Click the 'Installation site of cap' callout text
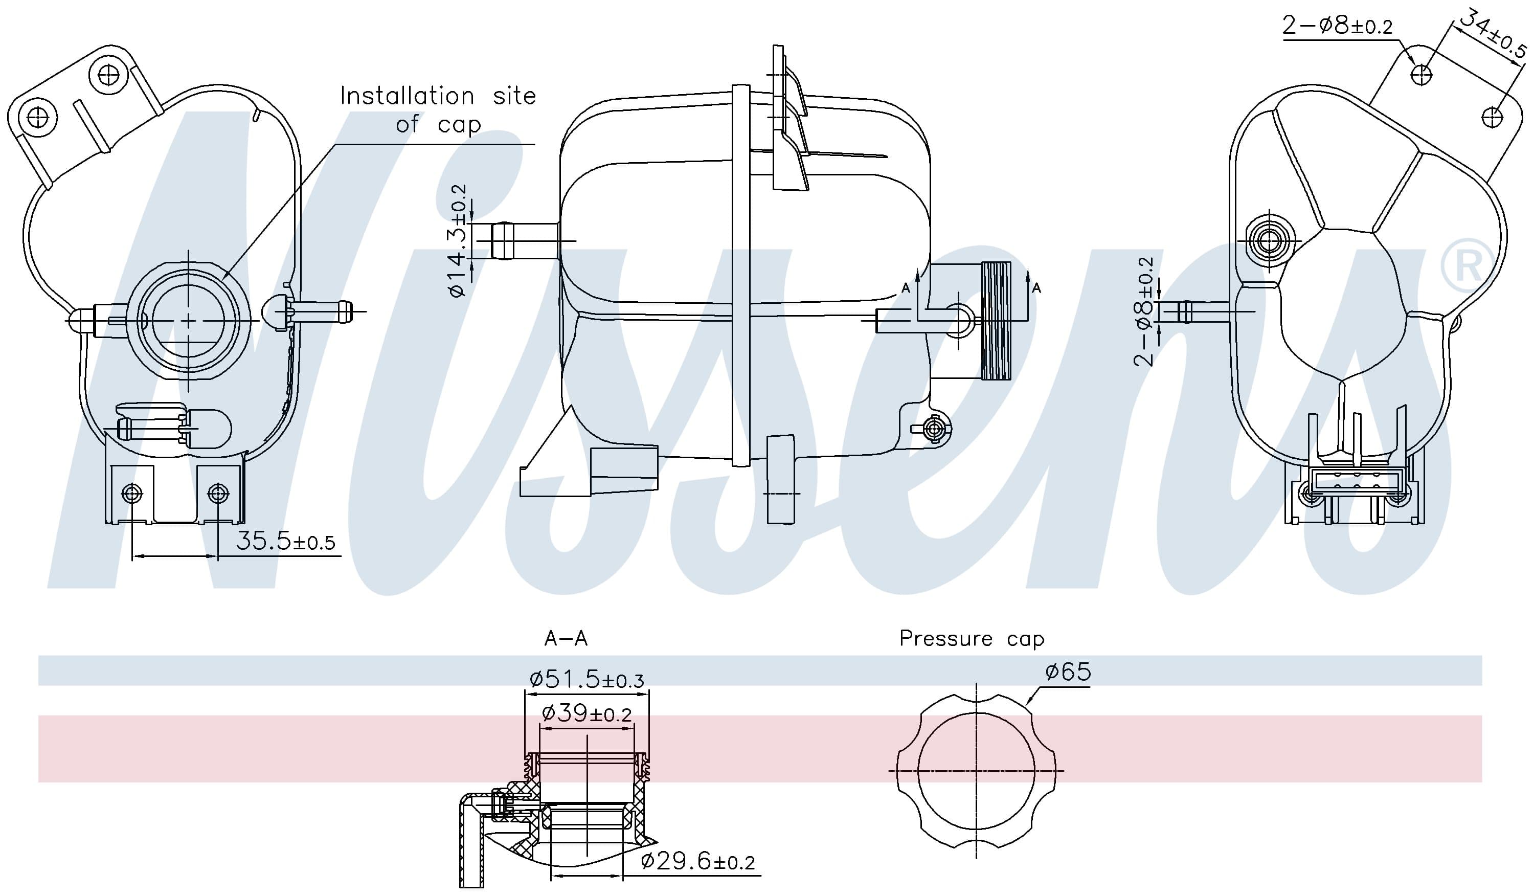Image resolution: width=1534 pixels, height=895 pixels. [x=437, y=109]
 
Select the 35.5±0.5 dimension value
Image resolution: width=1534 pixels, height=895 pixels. [x=285, y=541]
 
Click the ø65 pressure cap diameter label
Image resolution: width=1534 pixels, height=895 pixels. [x=1068, y=672]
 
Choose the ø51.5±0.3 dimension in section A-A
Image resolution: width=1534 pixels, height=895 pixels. [x=586, y=679]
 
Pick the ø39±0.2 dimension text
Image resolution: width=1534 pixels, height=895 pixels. [x=586, y=713]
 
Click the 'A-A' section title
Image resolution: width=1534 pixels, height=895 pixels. [x=566, y=638]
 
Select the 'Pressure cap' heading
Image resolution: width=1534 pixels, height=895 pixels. [x=972, y=638]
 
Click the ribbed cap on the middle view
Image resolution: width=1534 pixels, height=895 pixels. [x=996, y=320]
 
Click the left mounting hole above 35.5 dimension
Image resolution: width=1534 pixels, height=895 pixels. [x=132, y=493]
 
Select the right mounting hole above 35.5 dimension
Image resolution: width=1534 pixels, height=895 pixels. [x=218, y=493]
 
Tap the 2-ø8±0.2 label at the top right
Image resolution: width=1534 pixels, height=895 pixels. [x=1337, y=26]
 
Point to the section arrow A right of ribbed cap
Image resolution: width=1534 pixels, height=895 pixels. [x=1035, y=287]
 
